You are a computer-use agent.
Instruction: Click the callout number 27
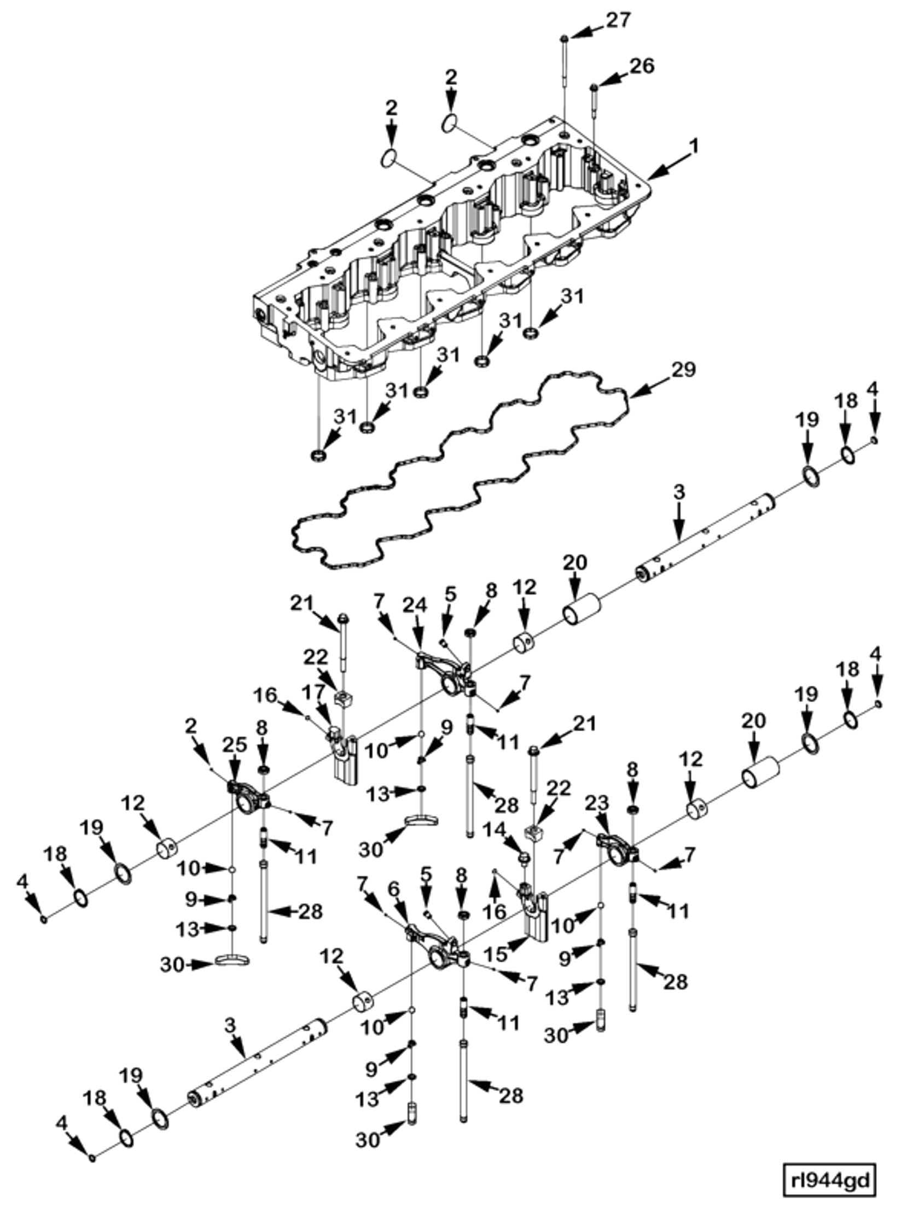click(x=618, y=20)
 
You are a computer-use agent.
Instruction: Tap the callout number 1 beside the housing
click(x=694, y=147)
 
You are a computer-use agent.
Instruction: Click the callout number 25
click(x=234, y=745)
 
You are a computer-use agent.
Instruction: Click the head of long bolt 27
click(x=563, y=38)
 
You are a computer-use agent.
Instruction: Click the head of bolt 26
click(x=594, y=87)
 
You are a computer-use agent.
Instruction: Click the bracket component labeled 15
click(x=535, y=917)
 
